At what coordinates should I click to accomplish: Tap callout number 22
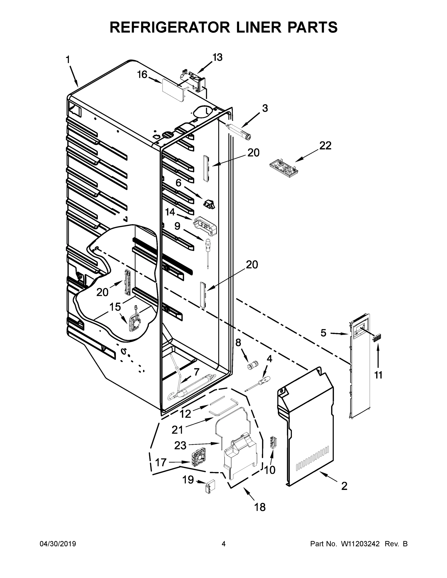pos(325,146)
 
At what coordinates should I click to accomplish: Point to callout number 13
pos(217,57)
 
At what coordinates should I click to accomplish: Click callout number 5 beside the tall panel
pos(323,333)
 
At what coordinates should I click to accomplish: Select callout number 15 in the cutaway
pos(115,307)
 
